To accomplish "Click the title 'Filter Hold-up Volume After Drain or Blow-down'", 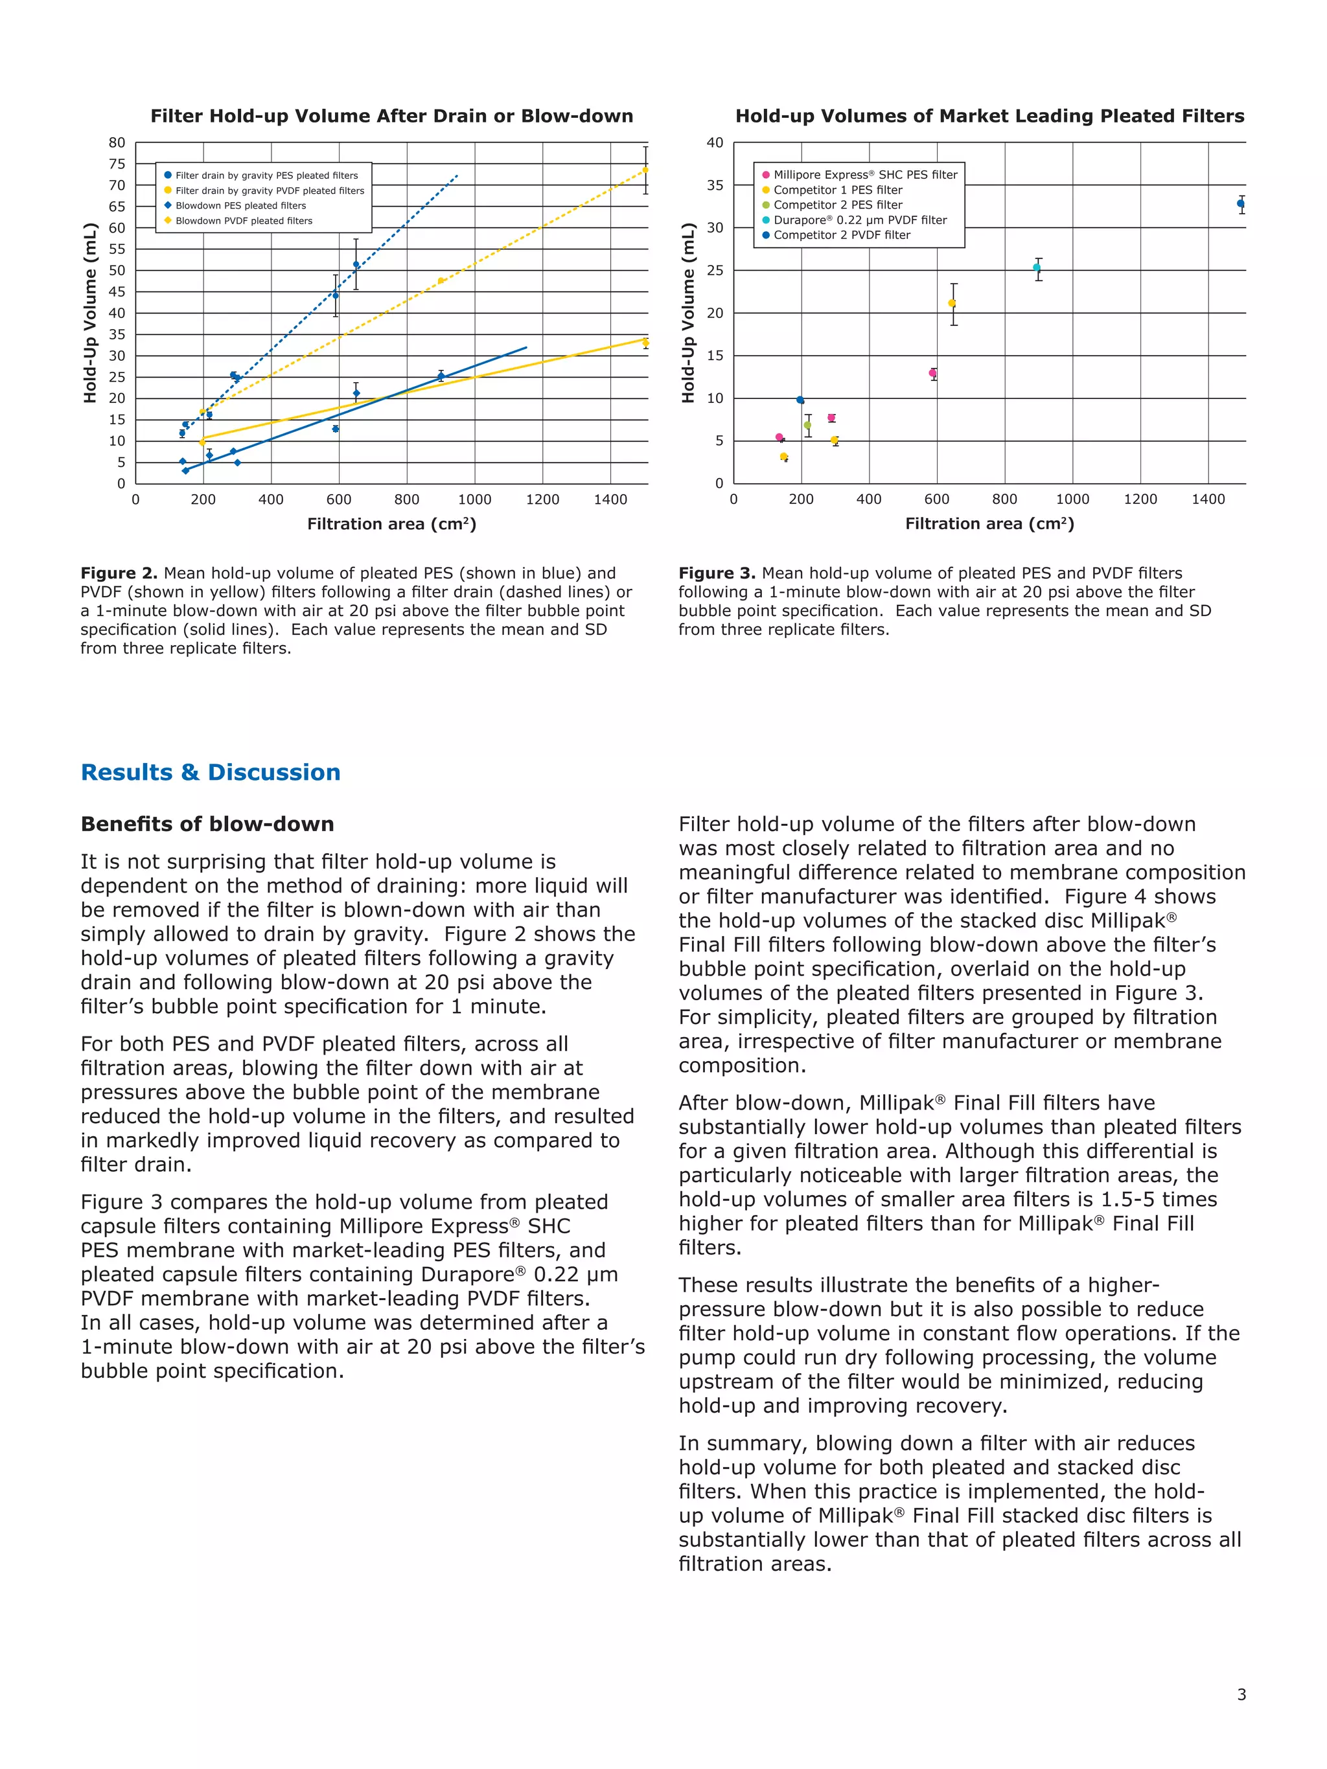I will (x=391, y=116).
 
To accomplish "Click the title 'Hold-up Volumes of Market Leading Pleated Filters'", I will (x=989, y=116).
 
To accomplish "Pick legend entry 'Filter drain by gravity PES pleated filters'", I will (x=266, y=175).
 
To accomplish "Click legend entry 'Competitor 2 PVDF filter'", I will (x=842, y=235).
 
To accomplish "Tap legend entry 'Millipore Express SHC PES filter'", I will (x=864, y=174).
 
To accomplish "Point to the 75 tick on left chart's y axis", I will (x=117, y=164).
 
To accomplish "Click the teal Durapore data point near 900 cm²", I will (x=1037, y=268).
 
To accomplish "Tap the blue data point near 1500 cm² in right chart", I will (x=1241, y=203).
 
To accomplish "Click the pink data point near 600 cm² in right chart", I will (x=932, y=372).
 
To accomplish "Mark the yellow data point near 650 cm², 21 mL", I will (x=952, y=303).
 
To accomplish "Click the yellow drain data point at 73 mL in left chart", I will (x=645, y=170).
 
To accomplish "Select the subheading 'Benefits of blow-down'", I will (x=207, y=824).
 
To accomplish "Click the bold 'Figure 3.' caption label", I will (x=717, y=573).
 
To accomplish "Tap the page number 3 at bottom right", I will (x=1241, y=1717).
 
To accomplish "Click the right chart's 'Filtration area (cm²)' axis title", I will (x=989, y=524).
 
